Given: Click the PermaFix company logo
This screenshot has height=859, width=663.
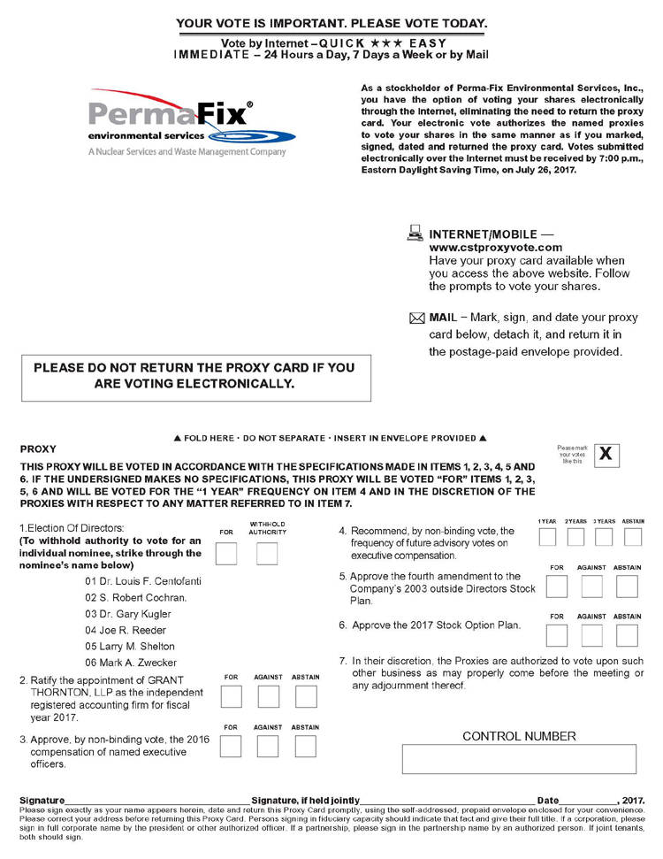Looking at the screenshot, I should coord(192,125).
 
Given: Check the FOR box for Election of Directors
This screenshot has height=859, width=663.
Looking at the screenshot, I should coord(226,555).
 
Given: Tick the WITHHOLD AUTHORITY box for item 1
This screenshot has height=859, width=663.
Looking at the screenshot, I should coord(267,555).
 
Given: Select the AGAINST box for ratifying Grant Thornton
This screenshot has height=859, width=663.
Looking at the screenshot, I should coord(268,697).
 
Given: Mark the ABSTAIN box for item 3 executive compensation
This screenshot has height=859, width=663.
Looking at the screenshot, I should coord(306,747).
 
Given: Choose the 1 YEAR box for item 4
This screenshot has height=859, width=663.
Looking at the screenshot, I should coord(548,537).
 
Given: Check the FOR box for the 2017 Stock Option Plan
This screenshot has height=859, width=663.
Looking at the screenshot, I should coord(557,635).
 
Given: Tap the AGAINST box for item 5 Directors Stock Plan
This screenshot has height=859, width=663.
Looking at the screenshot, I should coord(591,586).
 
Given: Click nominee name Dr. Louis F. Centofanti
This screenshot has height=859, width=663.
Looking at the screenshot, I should coord(141,581).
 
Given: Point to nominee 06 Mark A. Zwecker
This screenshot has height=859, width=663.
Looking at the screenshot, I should coord(131,663).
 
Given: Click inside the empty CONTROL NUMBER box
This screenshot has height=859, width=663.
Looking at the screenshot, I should coord(519,759).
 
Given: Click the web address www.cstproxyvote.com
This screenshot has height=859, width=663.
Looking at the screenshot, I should coord(495,248).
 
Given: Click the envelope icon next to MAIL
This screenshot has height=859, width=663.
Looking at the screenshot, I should coord(417,318).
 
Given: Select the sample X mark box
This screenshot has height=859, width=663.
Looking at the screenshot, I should coord(606,455).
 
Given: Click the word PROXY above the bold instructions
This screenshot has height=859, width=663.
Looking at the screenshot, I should coord(37,449).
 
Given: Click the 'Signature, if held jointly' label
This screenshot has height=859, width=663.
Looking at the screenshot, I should coord(306,801).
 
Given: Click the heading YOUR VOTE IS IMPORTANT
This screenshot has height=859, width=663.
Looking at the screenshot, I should coord(331,23).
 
